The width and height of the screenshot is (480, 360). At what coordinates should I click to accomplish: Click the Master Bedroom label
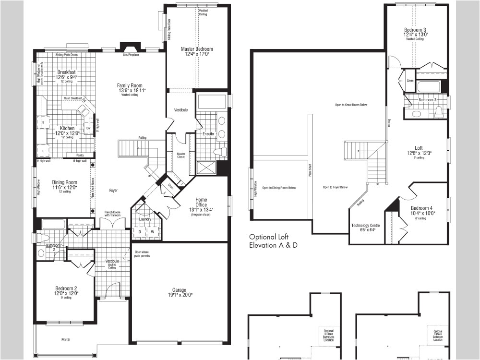pyautogui.click(x=197, y=49)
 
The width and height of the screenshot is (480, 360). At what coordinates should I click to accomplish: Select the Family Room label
pyautogui.click(x=130, y=85)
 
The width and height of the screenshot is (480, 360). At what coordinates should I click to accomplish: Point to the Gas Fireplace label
pyautogui.click(x=131, y=55)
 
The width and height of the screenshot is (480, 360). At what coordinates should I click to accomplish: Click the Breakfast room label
pyautogui.click(x=67, y=72)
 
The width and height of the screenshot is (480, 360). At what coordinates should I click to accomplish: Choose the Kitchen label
pyautogui.click(x=67, y=128)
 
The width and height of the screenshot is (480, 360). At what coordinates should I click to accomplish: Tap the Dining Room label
pyautogui.click(x=64, y=182)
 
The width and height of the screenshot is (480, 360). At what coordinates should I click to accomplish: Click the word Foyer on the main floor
pyautogui.click(x=113, y=191)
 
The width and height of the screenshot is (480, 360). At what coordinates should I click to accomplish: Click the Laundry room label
pyautogui.click(x=145, y=219)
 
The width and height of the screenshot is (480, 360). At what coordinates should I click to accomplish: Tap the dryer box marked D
pyautogui.click(x=140, y=232)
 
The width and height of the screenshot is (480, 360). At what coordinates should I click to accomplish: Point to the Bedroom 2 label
pyautogui.click(x=66, y=288)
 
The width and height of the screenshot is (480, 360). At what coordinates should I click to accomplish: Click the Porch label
pyautogui.click(x=66, y=340)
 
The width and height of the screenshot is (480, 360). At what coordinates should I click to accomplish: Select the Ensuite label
pyautogui.click(x=208, y=134)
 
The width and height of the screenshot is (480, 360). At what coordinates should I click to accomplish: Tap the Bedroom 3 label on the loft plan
pyautogui.click(x=416, y=30)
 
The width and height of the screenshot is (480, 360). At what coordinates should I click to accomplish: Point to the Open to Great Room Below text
pyautogui.click(x=351, y=105)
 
